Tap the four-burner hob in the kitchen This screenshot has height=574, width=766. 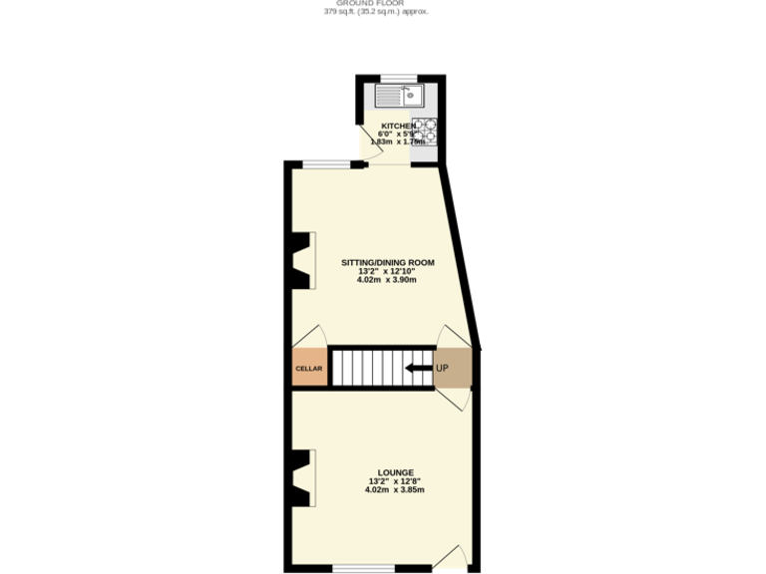point(426,130)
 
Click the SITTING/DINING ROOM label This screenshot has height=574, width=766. point(388,263)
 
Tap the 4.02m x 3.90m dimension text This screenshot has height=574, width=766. point(386,280)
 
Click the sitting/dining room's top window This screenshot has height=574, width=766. point(326,164)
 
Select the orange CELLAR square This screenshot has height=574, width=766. point(309,369)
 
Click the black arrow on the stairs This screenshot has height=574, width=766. point(417,369)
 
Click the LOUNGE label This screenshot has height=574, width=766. point(395,472)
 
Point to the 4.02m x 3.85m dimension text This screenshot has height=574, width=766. point(395,489)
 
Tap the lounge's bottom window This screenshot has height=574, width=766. point(363,568)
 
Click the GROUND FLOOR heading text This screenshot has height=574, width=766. point(382,3)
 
